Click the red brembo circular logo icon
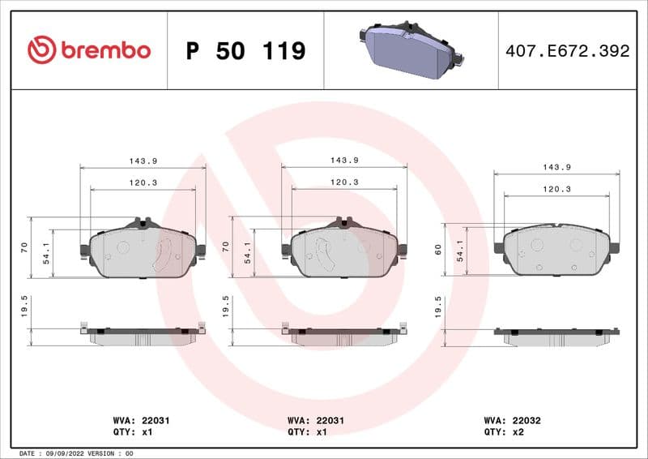[41, 50]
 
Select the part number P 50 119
[245, 51]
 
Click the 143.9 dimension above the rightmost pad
[556, 166]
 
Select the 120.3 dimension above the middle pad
[344, 182]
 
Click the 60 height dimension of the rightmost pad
[438, 250]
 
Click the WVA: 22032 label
[518, 421]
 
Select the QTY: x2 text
[506, 433]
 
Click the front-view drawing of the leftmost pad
[143, 250]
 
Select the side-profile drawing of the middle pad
[343, 334]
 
